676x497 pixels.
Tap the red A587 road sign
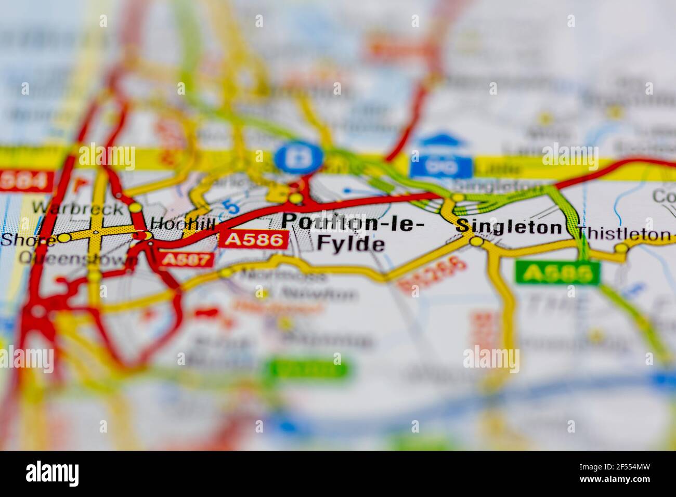(x=187, y=259)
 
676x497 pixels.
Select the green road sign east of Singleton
(x=557, y=272)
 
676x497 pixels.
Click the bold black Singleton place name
(x=509, y=227)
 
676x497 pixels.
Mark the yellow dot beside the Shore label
(x=64, y=238)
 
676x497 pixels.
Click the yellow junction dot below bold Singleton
(x=476, y=241)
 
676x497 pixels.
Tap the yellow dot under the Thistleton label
(x=621, y=249)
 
